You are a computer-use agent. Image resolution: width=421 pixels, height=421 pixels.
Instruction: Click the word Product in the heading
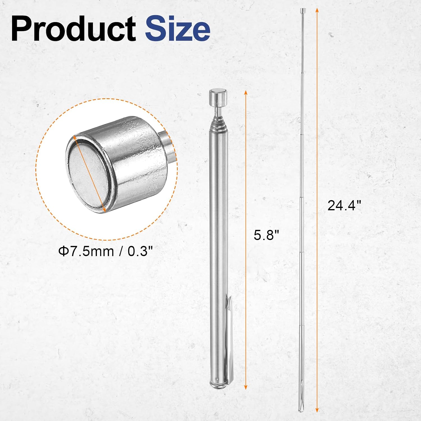(x=74, y=29)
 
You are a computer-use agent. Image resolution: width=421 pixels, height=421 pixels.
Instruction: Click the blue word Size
(x=177, y=29)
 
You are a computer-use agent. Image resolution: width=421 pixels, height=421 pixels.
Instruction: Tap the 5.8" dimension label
(x=266, y=235)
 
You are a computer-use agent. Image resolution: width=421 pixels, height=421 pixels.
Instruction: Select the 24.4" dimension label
(x=344, y=205)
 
